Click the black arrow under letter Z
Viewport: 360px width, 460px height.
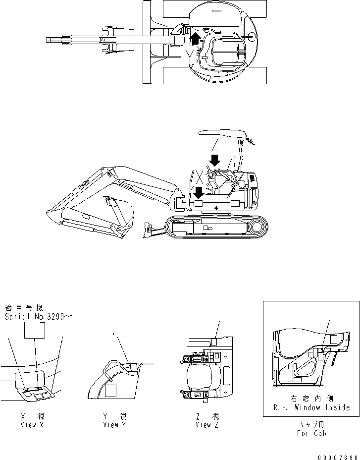(214, 160)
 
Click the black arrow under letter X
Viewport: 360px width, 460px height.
(198, 191)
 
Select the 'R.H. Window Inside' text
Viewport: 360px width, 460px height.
(311, 407)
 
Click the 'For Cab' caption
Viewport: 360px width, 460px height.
(311, 433)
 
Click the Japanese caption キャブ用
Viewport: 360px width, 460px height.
(311, 425)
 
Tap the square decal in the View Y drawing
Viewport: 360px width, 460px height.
(111, 391)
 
